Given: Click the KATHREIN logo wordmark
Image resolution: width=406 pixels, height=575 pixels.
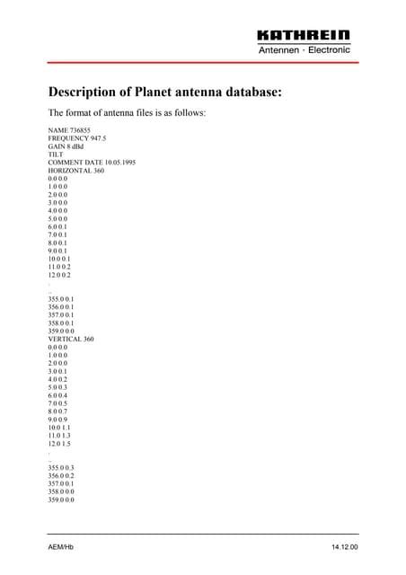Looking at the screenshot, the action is point(304,35).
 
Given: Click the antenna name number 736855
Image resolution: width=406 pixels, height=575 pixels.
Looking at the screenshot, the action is point(79,131).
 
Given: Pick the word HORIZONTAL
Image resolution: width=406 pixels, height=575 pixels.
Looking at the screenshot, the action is point(68,171).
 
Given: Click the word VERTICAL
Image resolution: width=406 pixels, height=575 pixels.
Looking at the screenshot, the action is point(64,339).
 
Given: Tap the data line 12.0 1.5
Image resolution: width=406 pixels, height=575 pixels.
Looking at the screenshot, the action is point(59,443).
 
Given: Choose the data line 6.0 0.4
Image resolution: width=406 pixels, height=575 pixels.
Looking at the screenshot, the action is point(57,394).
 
